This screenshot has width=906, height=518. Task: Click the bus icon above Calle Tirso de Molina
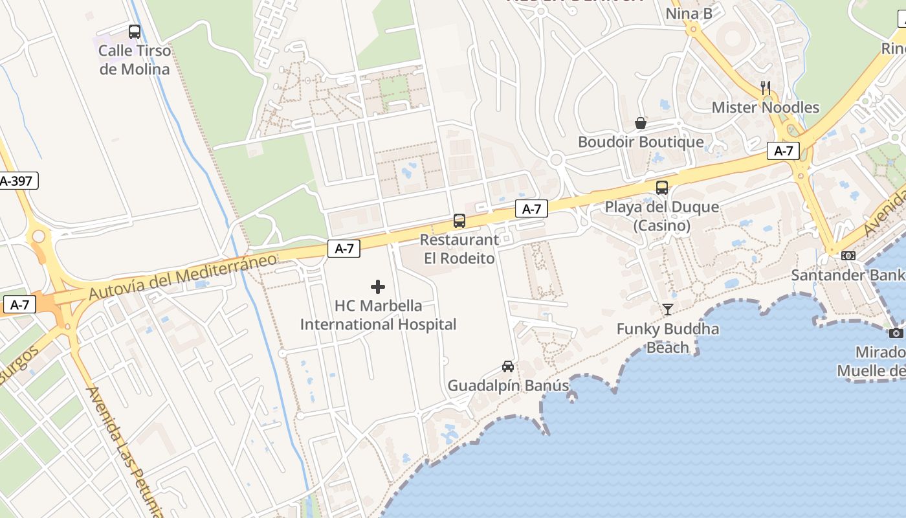(135, 31)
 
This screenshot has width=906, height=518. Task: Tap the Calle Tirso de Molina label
(135, 60)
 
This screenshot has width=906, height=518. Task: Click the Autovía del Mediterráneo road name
(182, 277)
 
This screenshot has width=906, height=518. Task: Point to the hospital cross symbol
(378, 287)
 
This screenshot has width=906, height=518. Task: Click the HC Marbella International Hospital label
(378, 315)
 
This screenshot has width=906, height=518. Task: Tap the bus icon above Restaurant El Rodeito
(459, 221)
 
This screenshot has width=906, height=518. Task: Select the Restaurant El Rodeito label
(459, 249)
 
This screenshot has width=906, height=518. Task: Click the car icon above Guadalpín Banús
(508, 366)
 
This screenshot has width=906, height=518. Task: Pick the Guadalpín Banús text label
(508, 386)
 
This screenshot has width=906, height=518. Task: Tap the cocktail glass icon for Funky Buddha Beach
(668, 310)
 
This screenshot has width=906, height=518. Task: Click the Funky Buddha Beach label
(668, 338)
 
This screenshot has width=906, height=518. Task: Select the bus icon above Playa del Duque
(662, 188)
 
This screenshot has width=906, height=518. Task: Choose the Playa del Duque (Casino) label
(662, 216)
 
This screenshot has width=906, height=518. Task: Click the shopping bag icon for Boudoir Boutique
(641, 123)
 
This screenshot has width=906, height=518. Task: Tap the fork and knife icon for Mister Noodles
(766, 88)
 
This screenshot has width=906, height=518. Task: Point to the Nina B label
(689, 13)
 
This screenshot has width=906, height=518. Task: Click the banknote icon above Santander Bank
(848, 256)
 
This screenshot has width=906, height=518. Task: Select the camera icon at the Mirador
(896, 333)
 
